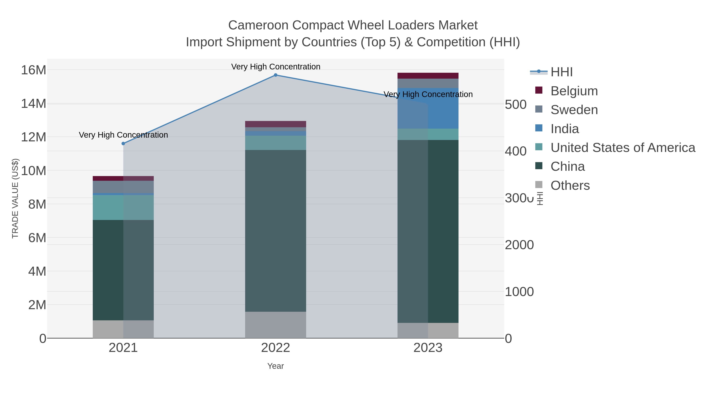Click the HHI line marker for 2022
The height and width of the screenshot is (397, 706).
click(276, 75)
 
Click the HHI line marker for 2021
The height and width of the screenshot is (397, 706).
click(123, 144)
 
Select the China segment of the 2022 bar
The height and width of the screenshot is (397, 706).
click(276, 231)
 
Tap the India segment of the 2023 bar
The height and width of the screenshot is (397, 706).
click(428, 108)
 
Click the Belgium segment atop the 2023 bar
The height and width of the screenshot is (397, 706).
click(428, 76)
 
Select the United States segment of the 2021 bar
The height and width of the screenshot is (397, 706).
click(123, 207)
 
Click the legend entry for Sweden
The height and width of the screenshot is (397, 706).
click(574, 110)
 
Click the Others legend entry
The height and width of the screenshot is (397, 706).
click(570, 185)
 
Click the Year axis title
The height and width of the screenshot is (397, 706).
click(276, 366)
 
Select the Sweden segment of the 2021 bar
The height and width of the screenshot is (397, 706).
click(123, 187)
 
